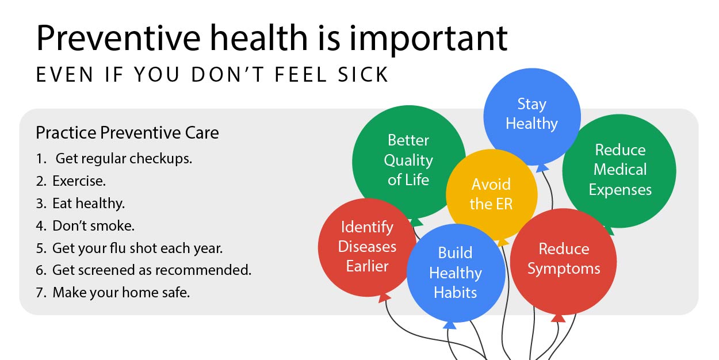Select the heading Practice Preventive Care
click(x=127, y=133)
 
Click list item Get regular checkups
click(x=123, y=159)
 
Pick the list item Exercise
click(x=79, y=181)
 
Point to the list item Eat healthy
click(x=88, y=204)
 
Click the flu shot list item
click(x=137, y=248)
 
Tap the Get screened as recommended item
click(x=152, y=270)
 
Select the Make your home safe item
click(x=121, y=292)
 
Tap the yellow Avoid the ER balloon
click(x=491, y=194)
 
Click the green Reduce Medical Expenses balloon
click(x=619, y=170)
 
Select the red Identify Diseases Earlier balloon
click(x=367, y=247)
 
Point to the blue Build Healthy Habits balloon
click(x=456, y=273)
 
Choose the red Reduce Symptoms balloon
click(x=564, y=259)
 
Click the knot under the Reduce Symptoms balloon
click(x=558, y=317)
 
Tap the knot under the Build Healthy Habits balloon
click(x=450, y=325)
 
